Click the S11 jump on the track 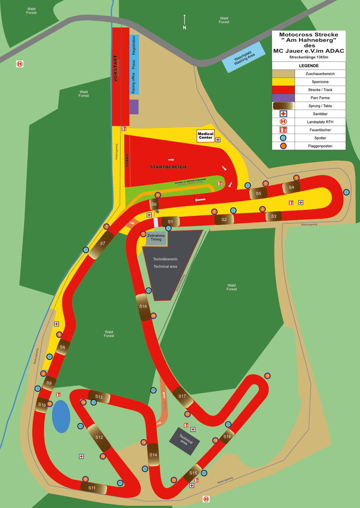click(93, 488)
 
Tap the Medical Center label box click(205, 136)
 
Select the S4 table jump click(291, 187)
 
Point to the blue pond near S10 click(61, 416)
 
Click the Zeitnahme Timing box click(156, 238)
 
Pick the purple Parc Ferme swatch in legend click(283, 98)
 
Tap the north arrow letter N click(184, 28)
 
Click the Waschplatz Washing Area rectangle click(244, 57)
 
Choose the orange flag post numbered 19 click(267, 376)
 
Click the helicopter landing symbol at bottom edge click(206, 499)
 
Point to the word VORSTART click(116, 68)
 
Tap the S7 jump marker click(102, 244)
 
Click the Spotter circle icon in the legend click(283, 138)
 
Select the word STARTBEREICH click(168, 167)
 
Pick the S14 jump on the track click(153, 455)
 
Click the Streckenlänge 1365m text click(309, 57)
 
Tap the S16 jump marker click(227, 437)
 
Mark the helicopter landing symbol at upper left click(20, 64)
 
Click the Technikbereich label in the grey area click(165, 259)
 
